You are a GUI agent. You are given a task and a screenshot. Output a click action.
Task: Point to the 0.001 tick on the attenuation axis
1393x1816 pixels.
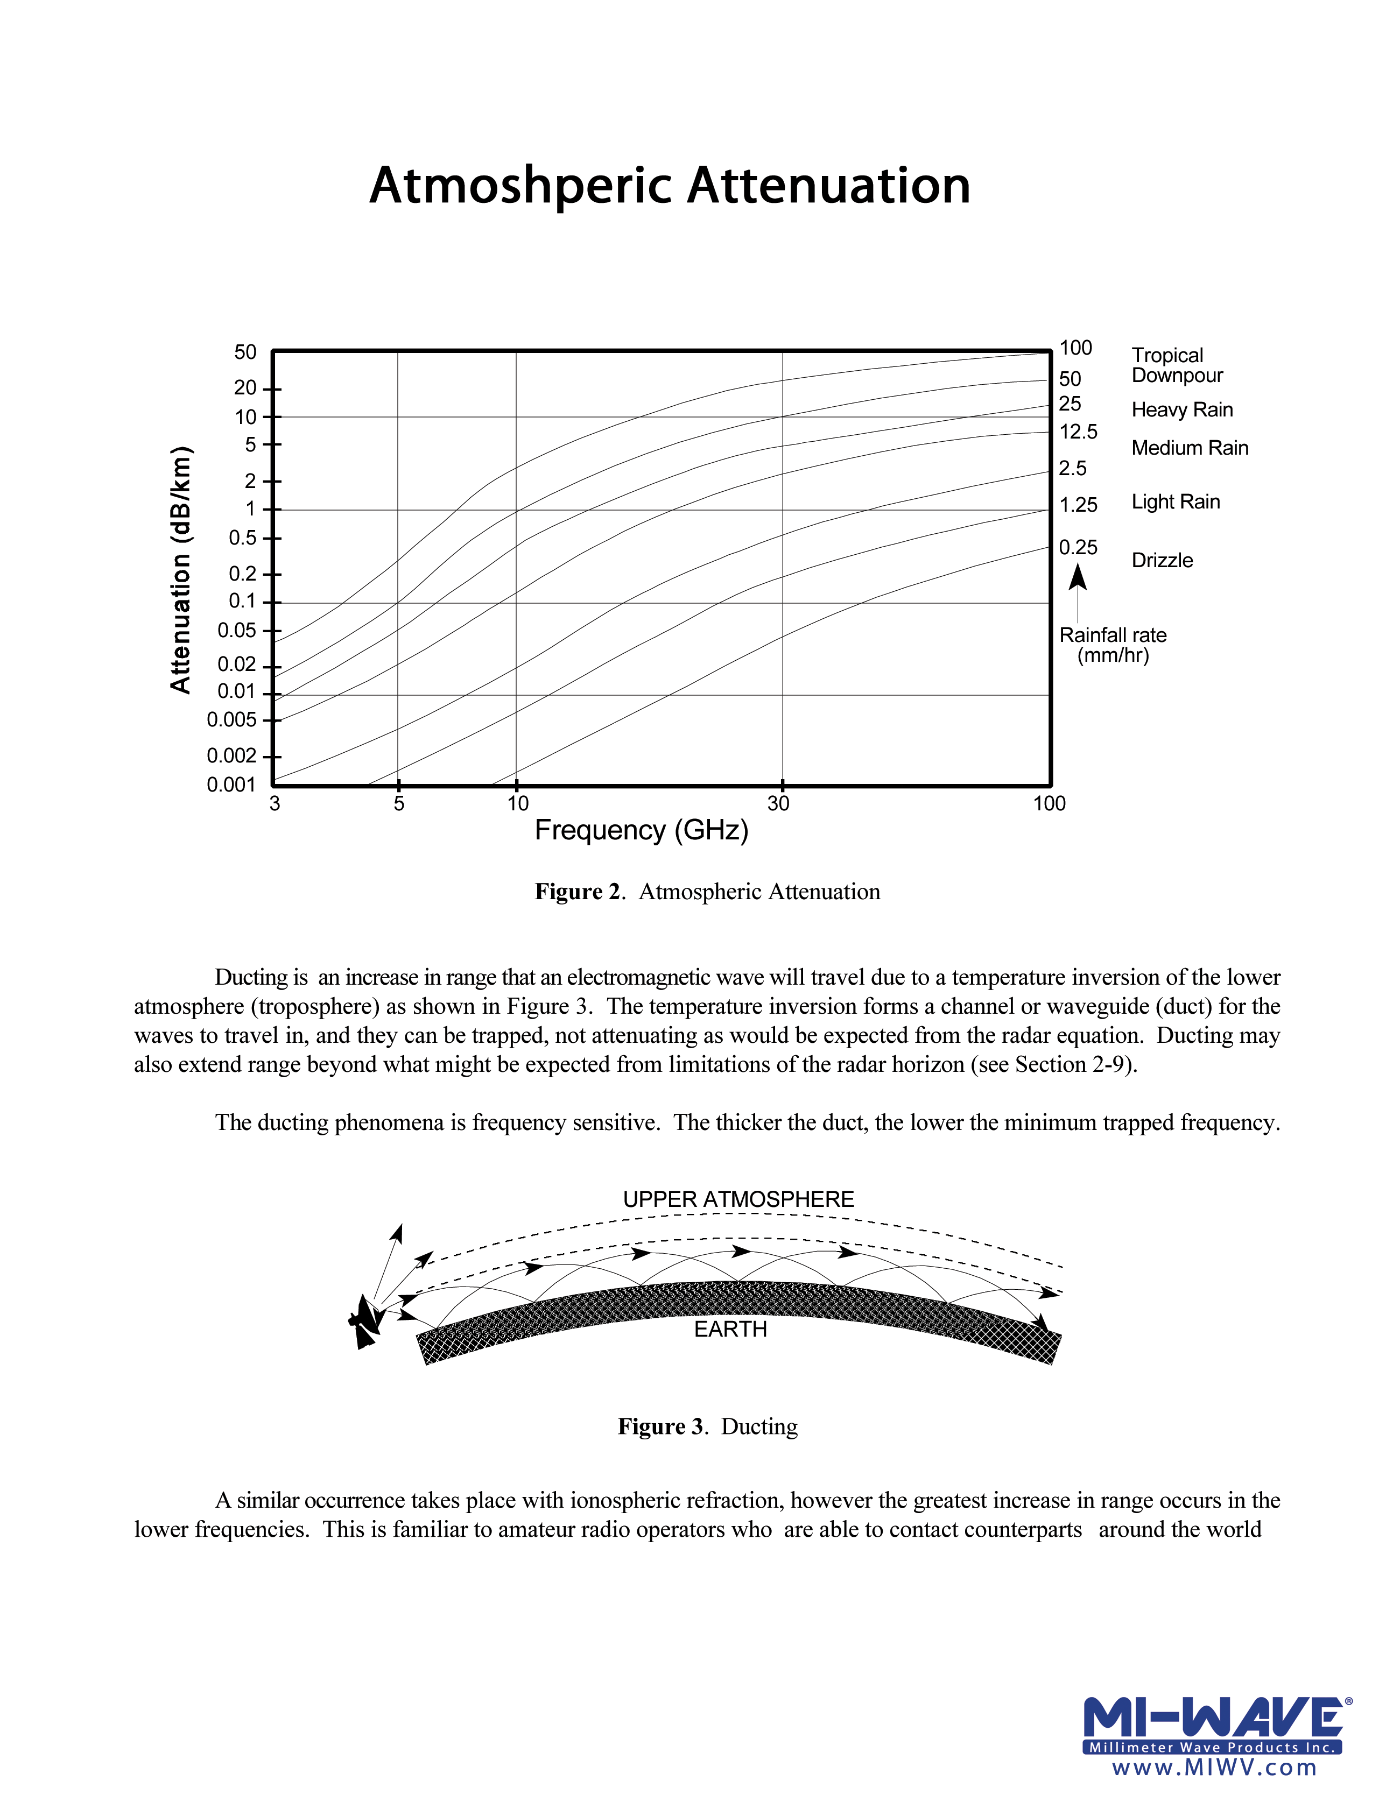(231, 784)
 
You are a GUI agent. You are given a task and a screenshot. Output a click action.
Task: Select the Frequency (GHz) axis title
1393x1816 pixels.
(641, 830)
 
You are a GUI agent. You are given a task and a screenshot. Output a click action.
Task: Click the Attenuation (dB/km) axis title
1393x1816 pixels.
(181, 569)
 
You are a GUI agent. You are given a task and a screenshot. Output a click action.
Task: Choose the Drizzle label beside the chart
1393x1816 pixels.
(1162, 560)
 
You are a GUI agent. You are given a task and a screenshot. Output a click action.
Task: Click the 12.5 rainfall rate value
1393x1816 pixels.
(1078, 432)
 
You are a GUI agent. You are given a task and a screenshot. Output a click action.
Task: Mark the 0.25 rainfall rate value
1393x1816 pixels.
(1078, 548)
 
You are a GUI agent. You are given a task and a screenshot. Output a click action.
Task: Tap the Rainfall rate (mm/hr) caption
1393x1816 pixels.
(1113, 645)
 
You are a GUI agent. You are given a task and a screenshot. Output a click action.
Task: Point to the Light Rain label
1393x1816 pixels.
(1175, 501)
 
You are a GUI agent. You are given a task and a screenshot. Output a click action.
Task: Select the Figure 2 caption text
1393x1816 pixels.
(707, 892)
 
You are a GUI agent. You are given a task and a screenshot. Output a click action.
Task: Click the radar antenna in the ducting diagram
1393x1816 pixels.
(363, 1319)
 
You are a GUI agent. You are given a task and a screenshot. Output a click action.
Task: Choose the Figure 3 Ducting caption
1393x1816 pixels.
(707, 1426)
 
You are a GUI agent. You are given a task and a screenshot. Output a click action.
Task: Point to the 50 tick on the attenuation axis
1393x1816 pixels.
(245, 352)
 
